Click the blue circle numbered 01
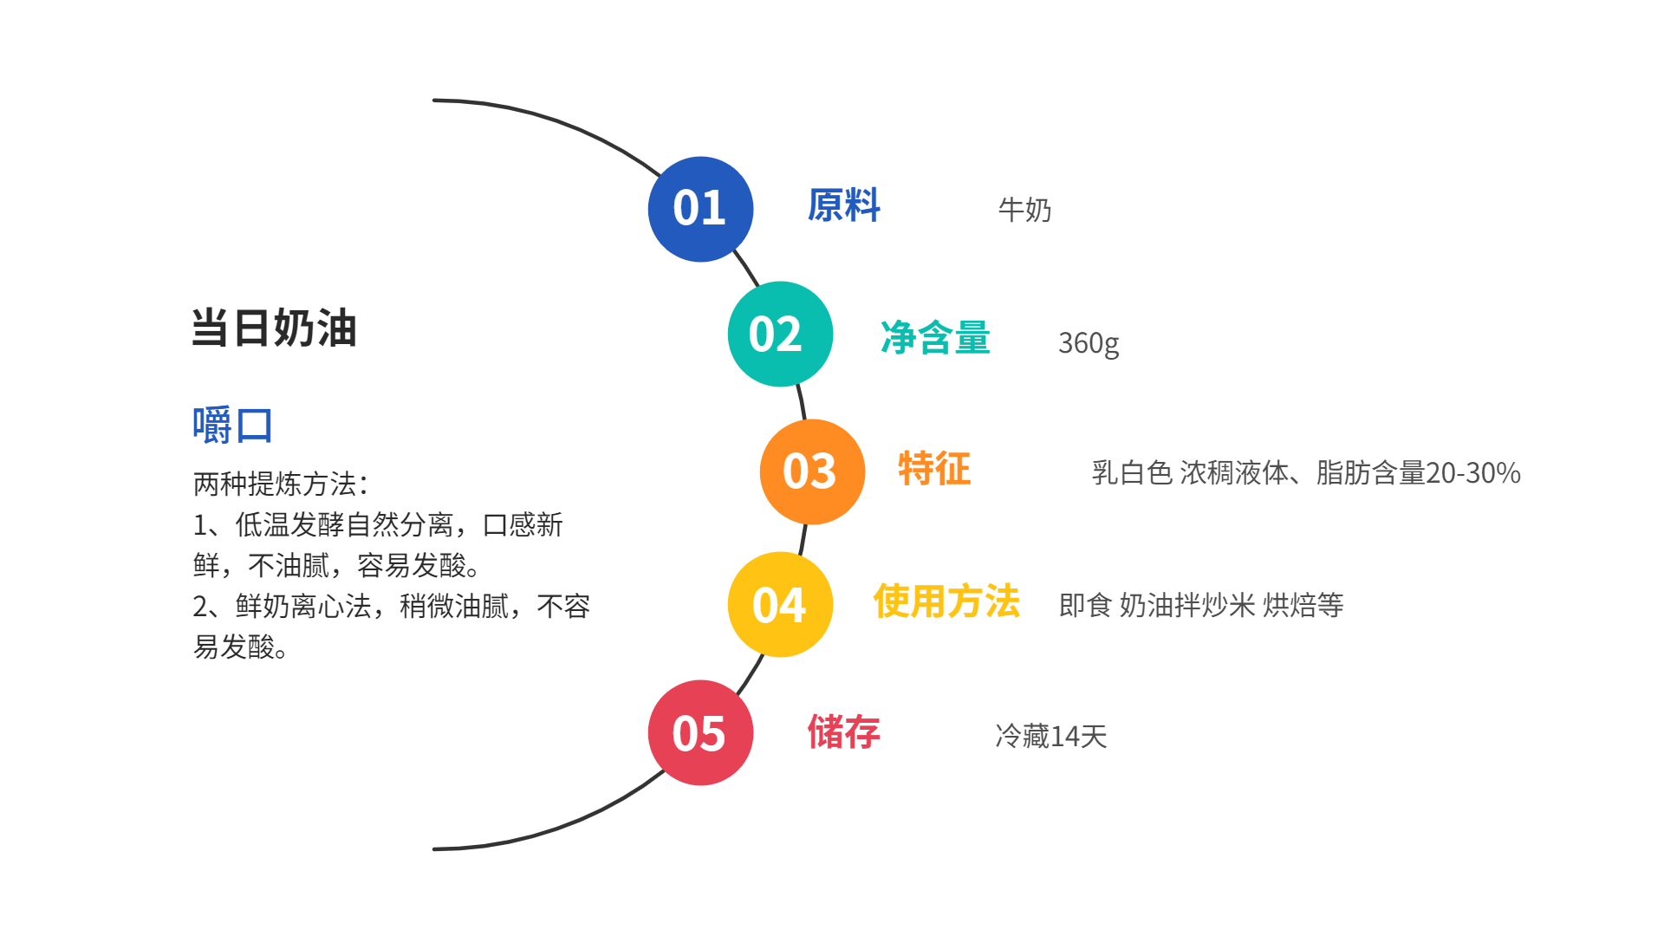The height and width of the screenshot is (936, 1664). pos(700,209)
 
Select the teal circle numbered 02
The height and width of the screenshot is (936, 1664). pos(780,334)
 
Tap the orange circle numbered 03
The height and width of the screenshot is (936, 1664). pos(812,471)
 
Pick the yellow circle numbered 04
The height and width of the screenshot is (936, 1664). pos(780,604)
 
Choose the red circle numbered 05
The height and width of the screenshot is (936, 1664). pos(700,733)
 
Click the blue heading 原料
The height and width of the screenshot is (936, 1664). pos(843,206)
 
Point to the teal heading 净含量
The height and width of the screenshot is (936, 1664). pos(935,337)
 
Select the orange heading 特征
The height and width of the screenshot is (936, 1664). pos(934,469)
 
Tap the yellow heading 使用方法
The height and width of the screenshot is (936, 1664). pos(946,601)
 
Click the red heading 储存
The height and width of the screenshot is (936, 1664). pos(843,732)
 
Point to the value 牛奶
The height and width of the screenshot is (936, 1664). pos(1024,210)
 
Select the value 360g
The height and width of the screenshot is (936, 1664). pos(1089,343)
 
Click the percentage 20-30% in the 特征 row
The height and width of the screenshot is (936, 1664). pos(1473,473)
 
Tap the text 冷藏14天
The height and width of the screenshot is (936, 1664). pos(1051,736)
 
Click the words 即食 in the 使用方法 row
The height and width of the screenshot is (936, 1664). pos(1085,605)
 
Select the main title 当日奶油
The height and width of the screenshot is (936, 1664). pos(274,328)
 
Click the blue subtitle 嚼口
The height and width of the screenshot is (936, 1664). pos(232,426)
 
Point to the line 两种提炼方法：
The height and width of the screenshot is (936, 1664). pos(281,484)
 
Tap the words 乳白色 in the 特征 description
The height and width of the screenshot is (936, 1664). pos(1132,473)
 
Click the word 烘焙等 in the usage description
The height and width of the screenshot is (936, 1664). pos(1303,605)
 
